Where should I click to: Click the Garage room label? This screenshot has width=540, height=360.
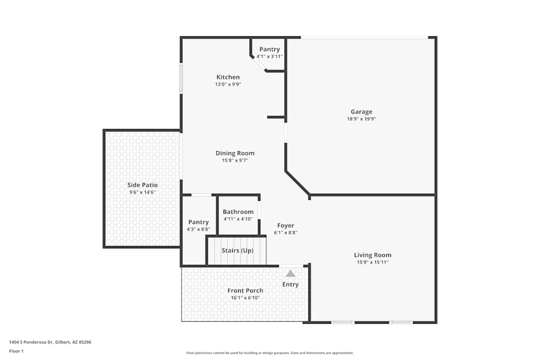pyautogui.click(x=361, y=112)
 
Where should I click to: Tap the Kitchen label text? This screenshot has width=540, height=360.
pyautogui.click(x=228, y=77)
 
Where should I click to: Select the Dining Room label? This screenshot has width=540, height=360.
pyautogui.click(x=235, y=153)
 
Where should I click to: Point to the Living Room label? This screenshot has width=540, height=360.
pyautogui.click(x=373, y=255)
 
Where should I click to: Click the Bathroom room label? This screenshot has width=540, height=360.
pyautogui.click(x=238, y=212)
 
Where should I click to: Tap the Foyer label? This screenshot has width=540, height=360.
pyautogui.click(x=286, y=226)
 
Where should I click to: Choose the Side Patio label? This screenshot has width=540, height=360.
pyautogui.click(x=143, y=185)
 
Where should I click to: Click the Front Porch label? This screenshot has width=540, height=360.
pyautogui.click(x=245, y=291)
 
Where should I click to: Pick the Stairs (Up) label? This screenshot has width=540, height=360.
pyautogui.click(x=238, y=250)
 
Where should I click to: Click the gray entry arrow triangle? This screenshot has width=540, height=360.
pyautogui.click(x=291, y=273)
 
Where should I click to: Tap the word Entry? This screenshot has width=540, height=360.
pyautogui.click(x=291, y=284)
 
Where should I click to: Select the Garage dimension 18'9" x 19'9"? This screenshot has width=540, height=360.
pyautogui.click(x=361, y=119)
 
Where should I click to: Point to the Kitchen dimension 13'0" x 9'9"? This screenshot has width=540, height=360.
pyautogui.click(x=228, y=84)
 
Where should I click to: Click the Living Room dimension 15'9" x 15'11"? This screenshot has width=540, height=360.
pyautogui.click(x=373, y=262)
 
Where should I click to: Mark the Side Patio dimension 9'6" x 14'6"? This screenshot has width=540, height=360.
pyautogui.click(x=143, y=192)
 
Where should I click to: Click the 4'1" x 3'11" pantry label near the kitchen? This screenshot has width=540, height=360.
pyautogui.click(x=269, y=56)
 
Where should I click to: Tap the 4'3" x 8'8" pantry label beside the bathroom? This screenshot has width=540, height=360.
pyautogui.click(x=198, y=229)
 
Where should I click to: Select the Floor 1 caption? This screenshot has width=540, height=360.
pyautogui.click(x=16, y=351)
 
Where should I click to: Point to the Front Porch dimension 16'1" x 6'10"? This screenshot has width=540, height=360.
pyautogui.click(x=245, y=298)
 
